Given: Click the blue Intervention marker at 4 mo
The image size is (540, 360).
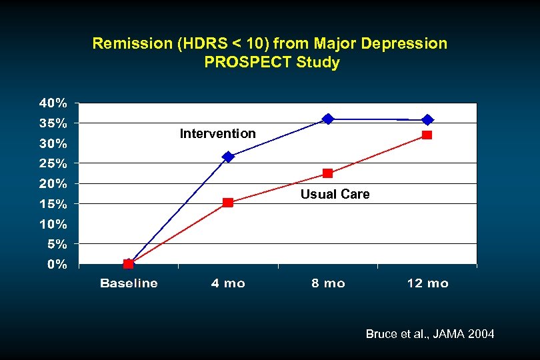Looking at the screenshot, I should click(x=228, y=157).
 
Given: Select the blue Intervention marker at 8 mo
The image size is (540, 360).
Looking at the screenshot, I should click(x=327, y=119).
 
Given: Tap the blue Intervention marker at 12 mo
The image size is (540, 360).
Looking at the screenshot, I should click(x=427, y=120).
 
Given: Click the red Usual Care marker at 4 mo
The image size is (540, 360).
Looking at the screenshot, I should click(x=228, y=203).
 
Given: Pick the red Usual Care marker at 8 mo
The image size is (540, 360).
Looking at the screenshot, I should click(x=327, y=173).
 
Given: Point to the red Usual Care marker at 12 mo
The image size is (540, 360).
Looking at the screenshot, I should click(x=427, y=135).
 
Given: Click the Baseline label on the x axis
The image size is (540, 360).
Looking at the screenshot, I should click(x=129, y=283).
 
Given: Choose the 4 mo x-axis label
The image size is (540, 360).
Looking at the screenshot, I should click(x=228, y=283).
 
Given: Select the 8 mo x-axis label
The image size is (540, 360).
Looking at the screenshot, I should click(x=327, y=283).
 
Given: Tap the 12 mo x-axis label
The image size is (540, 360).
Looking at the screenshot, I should click(x=427, y=283).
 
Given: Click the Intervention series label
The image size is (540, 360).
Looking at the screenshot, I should click(x=217, y=133).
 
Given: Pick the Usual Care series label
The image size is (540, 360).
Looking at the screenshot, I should click(x=335, y=194).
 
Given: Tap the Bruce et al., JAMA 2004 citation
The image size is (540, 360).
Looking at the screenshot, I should click(x=430, y=334).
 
